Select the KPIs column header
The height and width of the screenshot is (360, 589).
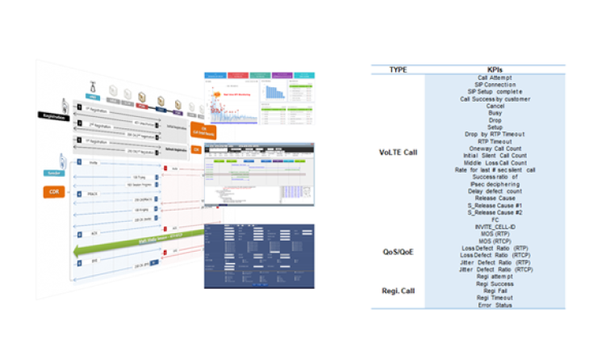coord(495,69)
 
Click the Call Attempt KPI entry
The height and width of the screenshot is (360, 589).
coord(495,77)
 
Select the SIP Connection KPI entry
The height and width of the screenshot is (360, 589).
coord(495,85)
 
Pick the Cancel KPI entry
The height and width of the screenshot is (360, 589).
coord(495,106)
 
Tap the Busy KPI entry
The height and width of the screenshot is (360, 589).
coord(495,113)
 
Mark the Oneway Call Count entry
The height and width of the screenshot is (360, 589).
coord(495,149)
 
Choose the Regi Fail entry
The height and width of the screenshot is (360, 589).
coord(495,291)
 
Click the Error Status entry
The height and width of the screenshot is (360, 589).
coord(495,305)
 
